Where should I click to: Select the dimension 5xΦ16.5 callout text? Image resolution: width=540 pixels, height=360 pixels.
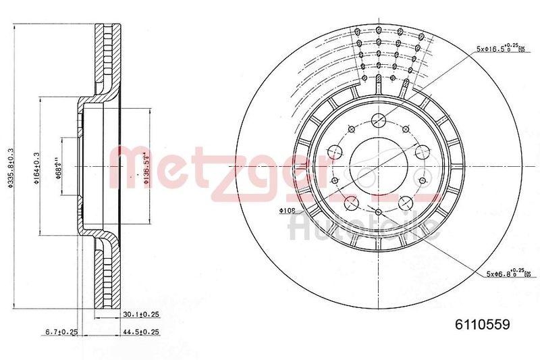(x=498, y=49)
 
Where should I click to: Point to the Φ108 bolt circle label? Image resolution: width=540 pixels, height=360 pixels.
(x=288, y=211)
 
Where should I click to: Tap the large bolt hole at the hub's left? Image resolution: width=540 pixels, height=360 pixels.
(x=335, y=151)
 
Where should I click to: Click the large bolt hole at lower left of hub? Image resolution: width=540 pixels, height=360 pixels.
(x=352, y=202)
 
